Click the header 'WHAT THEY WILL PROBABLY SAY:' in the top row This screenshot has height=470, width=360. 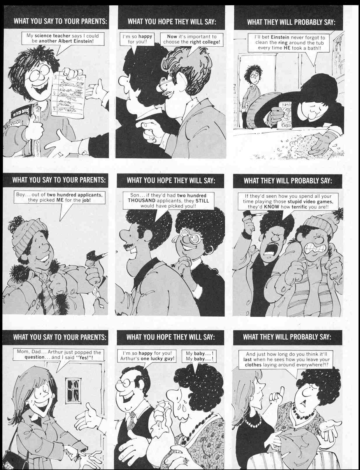[x=291, y=22]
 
